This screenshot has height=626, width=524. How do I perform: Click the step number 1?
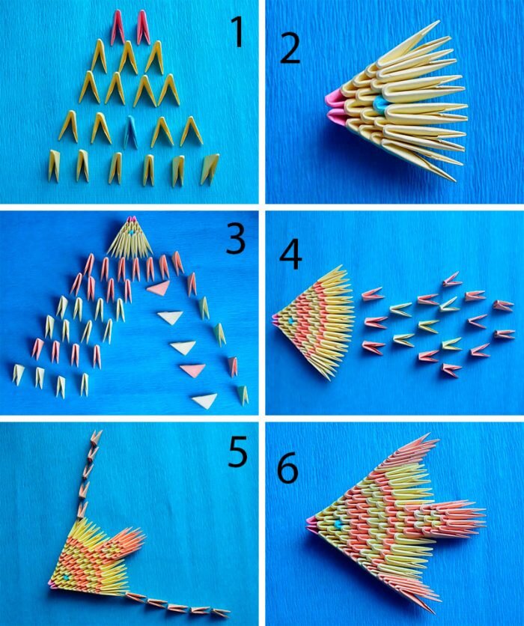click(x=237, y=33)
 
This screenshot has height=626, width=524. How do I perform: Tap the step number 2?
click(x=290, y=49)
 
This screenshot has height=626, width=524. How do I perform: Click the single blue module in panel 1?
click(x=131, y=131)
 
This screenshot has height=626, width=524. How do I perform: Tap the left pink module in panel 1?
click(x=118, y=28)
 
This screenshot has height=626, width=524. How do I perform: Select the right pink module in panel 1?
click(x=142, y=27)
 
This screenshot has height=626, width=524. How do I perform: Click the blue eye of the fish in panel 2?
click(x=377, y=104)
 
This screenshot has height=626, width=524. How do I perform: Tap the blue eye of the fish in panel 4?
click(x=291, y=320)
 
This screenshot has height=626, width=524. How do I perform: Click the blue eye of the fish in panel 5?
click(x=66, y=577)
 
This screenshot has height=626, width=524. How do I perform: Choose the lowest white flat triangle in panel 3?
click(x=204, y=401)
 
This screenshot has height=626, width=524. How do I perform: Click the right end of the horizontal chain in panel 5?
click(x=230, y=612)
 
